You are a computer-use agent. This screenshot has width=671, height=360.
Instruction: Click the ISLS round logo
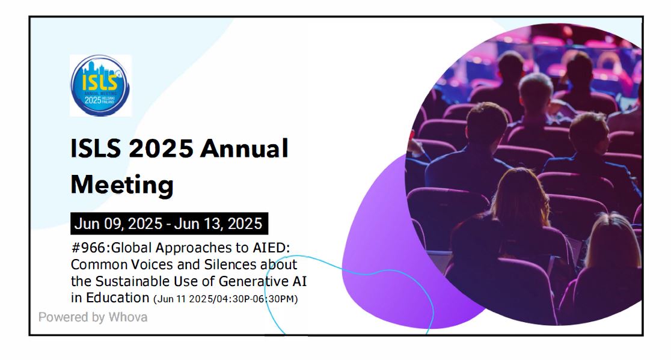coord(100,85)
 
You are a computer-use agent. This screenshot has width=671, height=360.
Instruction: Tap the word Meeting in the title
coord(122,184)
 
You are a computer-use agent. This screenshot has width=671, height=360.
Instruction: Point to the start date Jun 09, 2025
coord(118,224)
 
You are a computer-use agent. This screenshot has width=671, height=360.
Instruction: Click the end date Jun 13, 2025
coord(218,224)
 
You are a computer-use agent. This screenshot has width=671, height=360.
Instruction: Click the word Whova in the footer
coord(127,317)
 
